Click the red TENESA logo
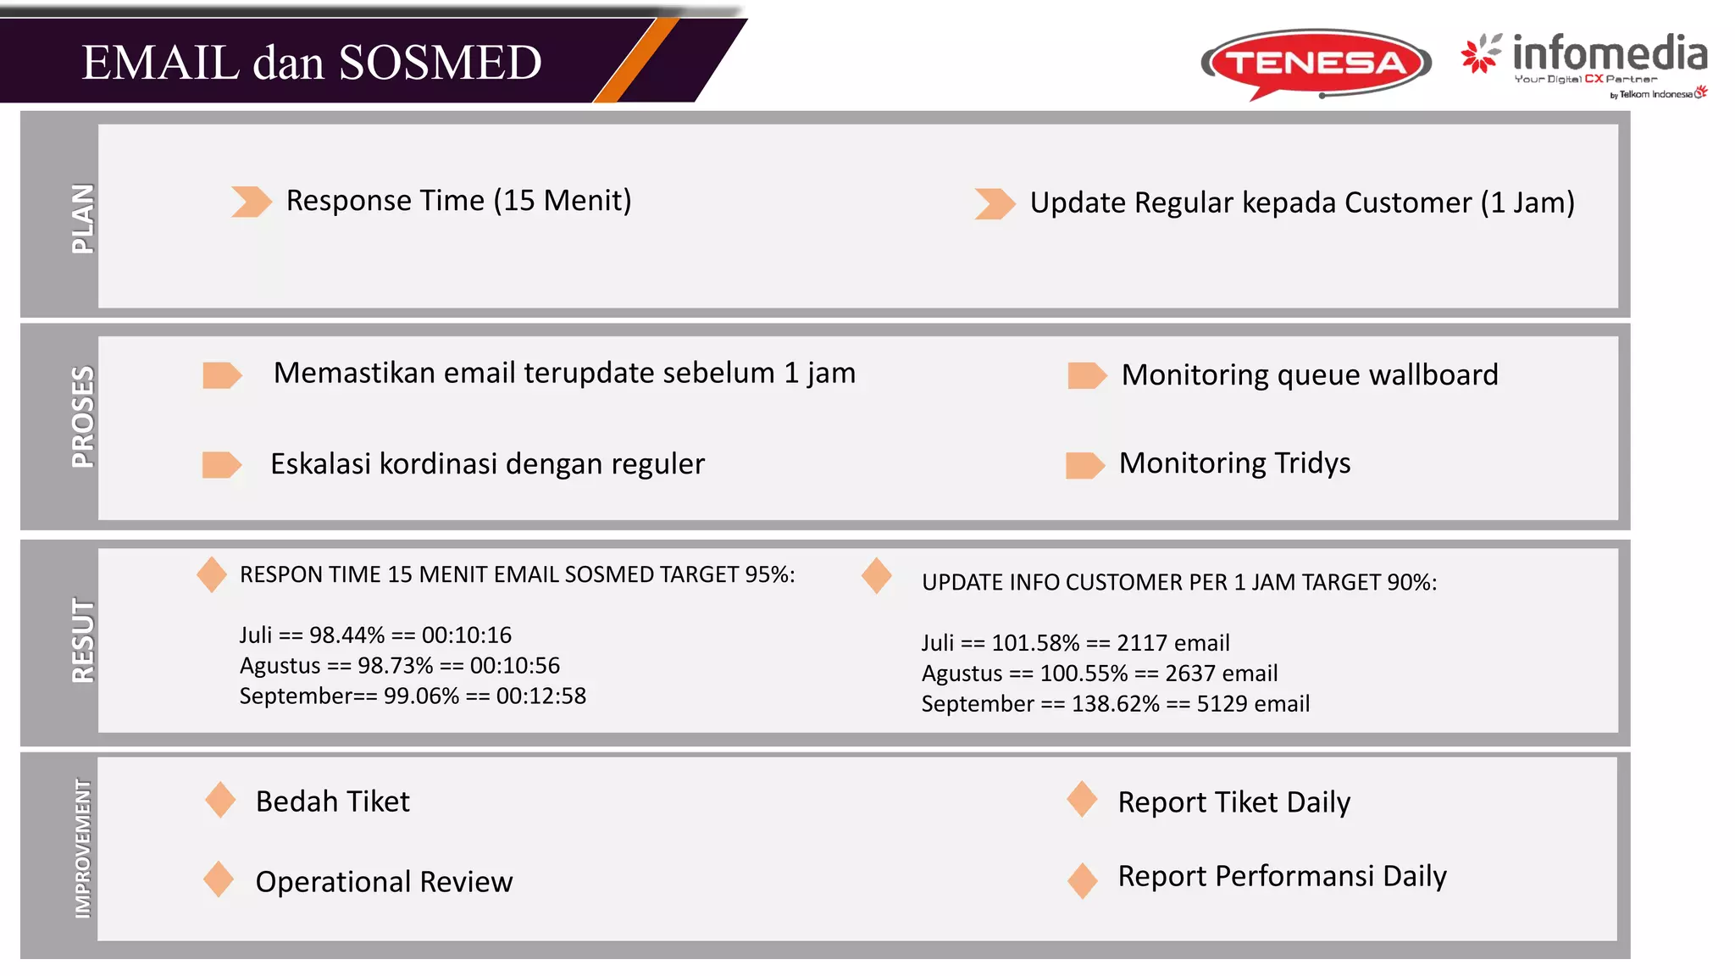[1316, 63]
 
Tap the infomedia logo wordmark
[1609, 54]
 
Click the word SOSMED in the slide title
[440, 63]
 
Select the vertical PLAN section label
[82, 219]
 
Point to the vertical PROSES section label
[82, 417]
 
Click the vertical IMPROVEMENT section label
[82, 849]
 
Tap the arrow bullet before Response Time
[251, 202]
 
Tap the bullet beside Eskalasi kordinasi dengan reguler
[222, 464]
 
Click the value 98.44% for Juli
[346, 635]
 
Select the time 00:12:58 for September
[541, 696]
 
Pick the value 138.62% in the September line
[1115, 703]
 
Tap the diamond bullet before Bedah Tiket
[220, 800]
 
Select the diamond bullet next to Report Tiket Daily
[1082, 799]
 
